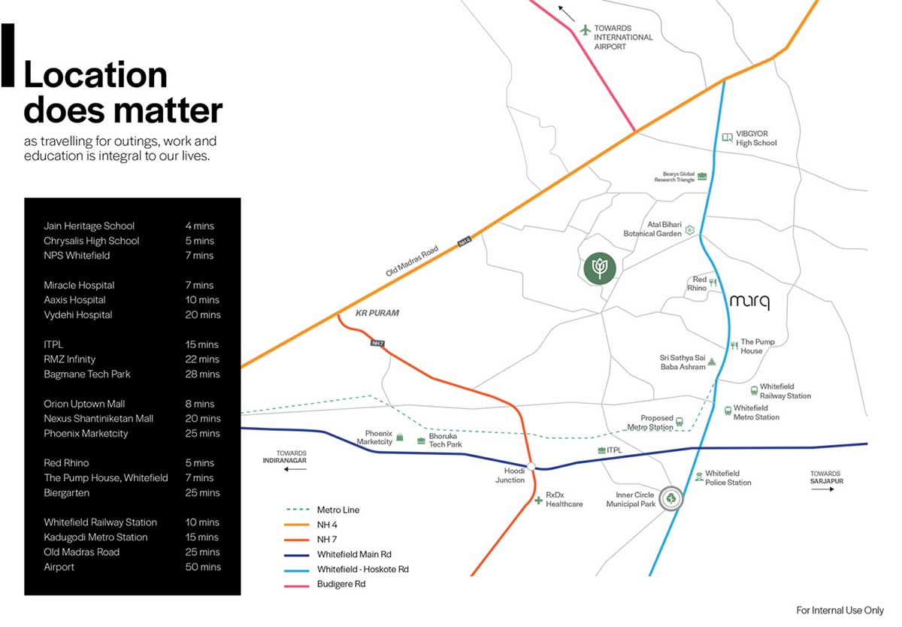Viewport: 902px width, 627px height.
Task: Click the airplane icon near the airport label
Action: pos(585,30)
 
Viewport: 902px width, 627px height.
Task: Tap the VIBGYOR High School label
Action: pos(756,138)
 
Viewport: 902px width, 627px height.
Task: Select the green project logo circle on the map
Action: pos(600,268)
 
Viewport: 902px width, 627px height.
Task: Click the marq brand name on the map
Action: pos(749,301)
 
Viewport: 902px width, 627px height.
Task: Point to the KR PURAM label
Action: pos(377,313)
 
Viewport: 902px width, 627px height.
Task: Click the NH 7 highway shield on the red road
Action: pos(377,343)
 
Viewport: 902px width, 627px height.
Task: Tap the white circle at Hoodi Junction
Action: pos(531,466)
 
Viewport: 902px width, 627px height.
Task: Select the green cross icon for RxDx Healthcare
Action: pos(538,500)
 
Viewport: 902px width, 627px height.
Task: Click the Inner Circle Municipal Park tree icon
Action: pos(670,498)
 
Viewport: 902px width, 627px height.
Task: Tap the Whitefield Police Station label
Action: pos(728,477)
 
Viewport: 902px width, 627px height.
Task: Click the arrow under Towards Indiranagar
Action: pos(295,469)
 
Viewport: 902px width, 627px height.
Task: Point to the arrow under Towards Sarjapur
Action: pos(822,489)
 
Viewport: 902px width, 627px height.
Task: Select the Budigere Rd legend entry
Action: pos(341,584)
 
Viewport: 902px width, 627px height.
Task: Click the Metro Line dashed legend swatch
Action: pos(297,510)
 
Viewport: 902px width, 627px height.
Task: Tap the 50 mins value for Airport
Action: pos(203,567)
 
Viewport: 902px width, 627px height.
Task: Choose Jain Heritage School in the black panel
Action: pos(89,226)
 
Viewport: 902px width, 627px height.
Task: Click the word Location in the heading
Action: pos(95,75)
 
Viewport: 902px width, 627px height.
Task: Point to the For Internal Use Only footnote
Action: pos(840,610)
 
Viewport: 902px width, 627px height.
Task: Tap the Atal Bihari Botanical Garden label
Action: pos(652,229)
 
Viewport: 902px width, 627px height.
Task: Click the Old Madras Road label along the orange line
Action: pos(412,261)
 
